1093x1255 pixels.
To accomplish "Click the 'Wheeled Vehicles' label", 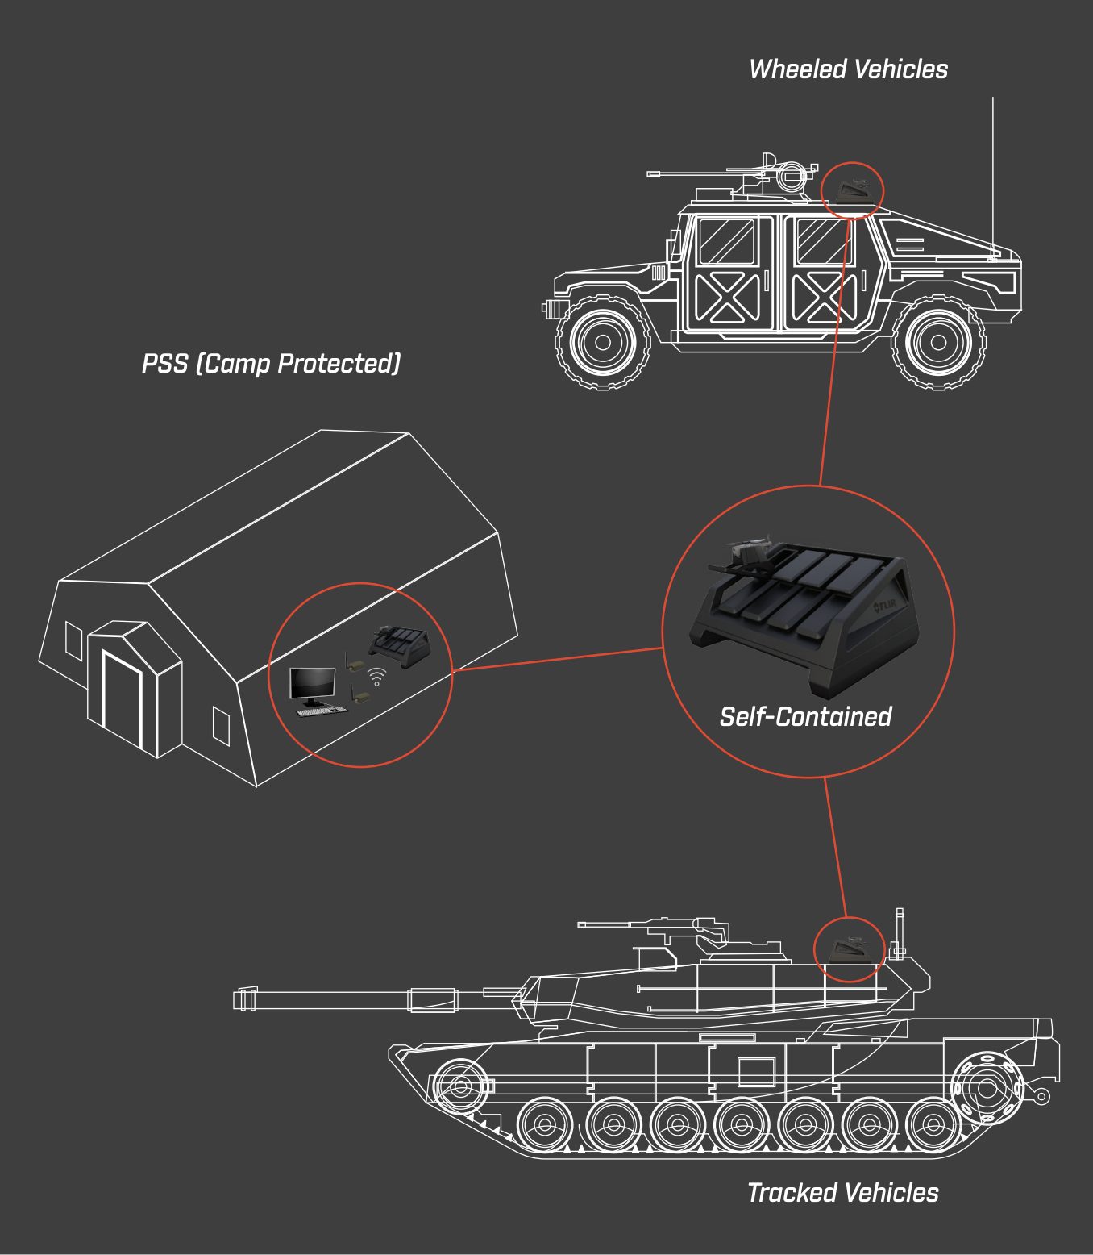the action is click(x=848, y=69).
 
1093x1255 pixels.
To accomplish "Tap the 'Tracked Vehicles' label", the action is click(x=843, y=1193).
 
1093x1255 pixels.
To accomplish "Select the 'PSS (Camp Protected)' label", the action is click(x=271, y=363).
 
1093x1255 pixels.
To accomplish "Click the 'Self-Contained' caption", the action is click(x=805, y=716).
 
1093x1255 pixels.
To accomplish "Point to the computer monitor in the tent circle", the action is click(x=312, y=686).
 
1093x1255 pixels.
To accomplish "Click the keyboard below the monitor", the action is click(x=322, y=711).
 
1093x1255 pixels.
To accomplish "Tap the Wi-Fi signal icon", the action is click(x=376, y=678).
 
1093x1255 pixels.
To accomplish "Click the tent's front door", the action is click(x=122, y=698).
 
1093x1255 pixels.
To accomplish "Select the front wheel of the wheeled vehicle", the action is click(x=938, y=342).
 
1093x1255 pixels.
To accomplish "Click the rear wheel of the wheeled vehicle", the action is click(x=603, y=342).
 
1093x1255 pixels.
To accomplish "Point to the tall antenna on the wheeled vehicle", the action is click(x=993, y=178).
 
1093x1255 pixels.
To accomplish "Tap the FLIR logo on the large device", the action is click(x=884, y=606).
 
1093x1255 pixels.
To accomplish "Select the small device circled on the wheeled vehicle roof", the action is click(x=853, y=191).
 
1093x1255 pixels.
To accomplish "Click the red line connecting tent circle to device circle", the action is click(x=558, y=660).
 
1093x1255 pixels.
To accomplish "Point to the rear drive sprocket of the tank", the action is click(x=986, y=1087).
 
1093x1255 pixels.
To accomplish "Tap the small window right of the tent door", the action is click(x=222, y=726).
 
